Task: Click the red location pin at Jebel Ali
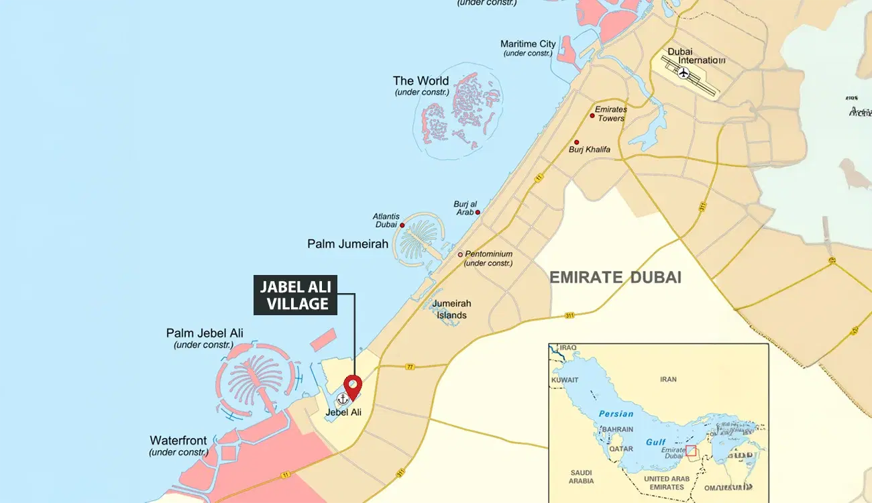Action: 353,386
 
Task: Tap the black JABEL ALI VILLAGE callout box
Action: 295,295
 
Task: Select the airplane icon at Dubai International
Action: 684,72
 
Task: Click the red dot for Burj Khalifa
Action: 576,142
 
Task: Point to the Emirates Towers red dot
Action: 592,115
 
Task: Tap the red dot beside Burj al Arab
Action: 478,212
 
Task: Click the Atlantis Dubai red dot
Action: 402,225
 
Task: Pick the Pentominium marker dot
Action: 460,254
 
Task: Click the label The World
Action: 421,81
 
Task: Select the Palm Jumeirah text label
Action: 347,244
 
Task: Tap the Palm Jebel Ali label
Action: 205,333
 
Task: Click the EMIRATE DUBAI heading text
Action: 615,277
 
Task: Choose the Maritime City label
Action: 528,44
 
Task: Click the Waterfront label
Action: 178,441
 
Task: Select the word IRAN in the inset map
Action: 668,380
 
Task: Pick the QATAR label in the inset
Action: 621,449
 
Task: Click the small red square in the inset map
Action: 691,451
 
